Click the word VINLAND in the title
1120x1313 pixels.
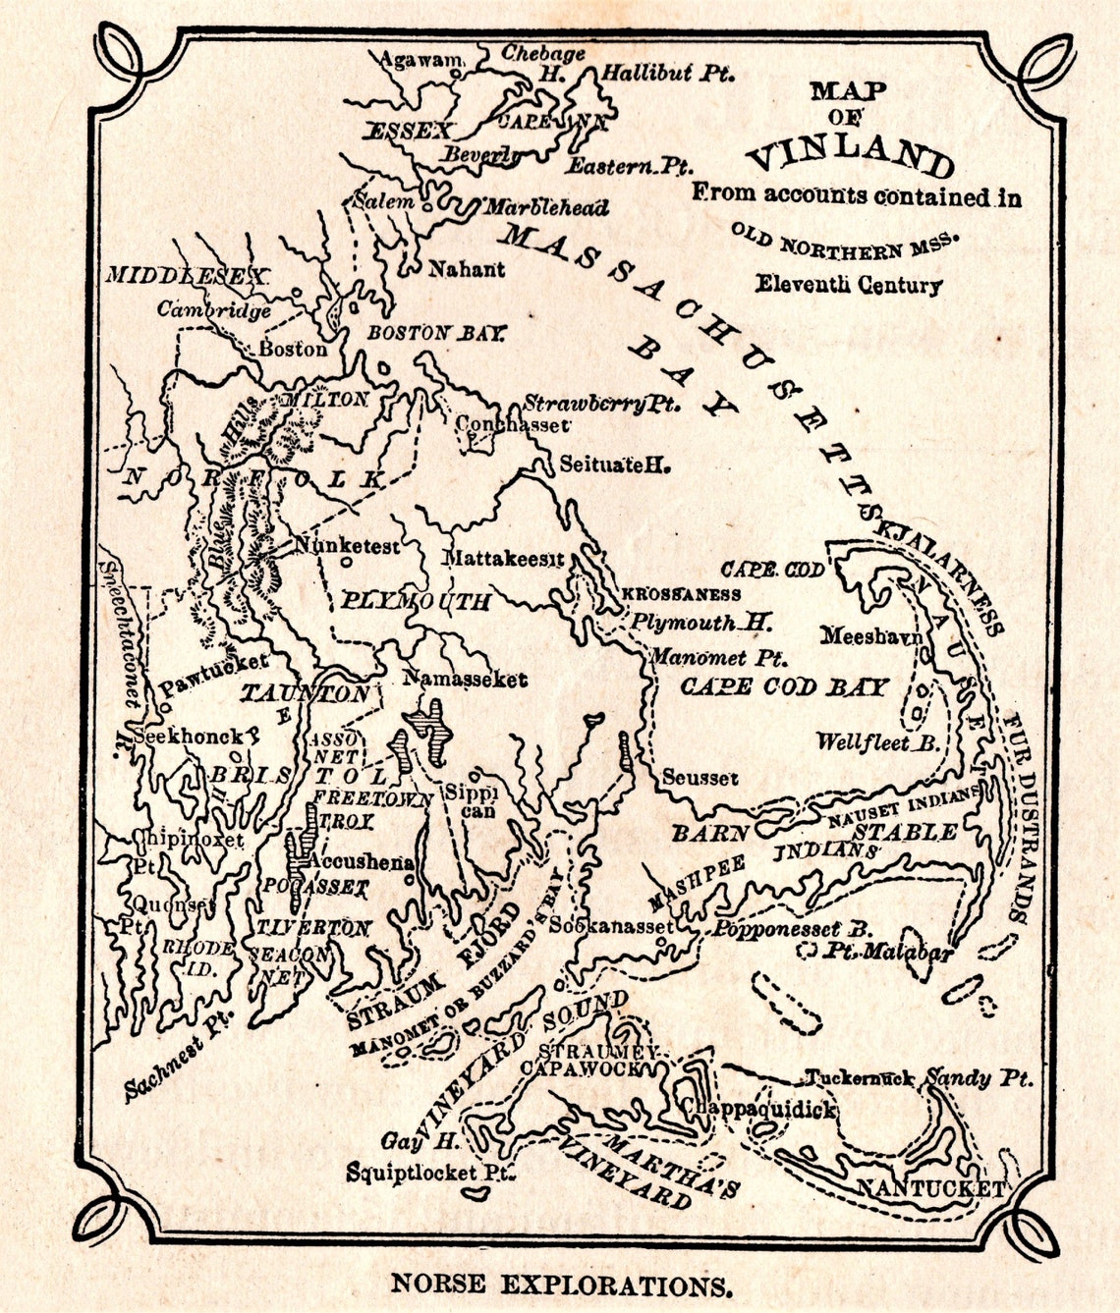(x=849, y=153)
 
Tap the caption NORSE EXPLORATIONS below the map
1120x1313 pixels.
(x=562, y=1285)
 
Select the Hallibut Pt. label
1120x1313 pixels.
(x=668, y=73)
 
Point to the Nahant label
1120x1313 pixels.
(x=467, y=268)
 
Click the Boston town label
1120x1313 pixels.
(x=293, y=349)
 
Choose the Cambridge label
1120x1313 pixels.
(x=214, y=309)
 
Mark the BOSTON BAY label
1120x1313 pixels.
(x=436, y=334)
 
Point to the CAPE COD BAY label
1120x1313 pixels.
(x=784, y=686)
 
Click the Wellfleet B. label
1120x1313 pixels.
(x=877, y=742)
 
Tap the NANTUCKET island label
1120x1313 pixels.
(x=929, y=1188)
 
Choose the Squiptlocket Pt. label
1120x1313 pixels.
(x=429, y=1172)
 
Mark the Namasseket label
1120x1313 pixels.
(x=465, y=679)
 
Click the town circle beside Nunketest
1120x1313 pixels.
(x=347, y=563)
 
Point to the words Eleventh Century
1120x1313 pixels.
(x=848, y=285)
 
